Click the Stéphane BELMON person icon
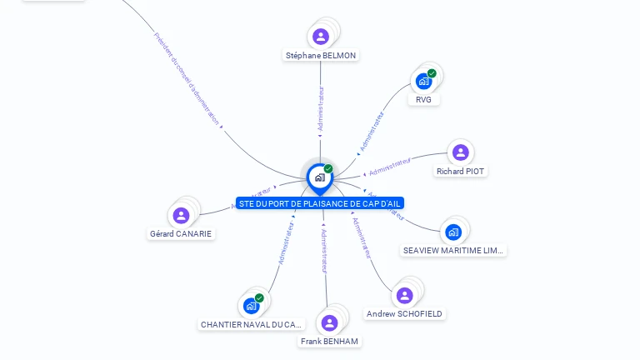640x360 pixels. tap(321, 37)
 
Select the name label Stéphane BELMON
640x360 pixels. tap(321, 56)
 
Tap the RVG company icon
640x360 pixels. tap(424, 82)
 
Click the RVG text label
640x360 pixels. tap(424, 100)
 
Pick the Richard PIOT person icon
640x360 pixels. tap(460, 152)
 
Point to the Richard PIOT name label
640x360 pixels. tap(461, 172)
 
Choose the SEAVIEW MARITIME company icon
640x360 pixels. tap(452, 232)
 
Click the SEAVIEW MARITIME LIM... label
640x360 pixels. tap(453, 250)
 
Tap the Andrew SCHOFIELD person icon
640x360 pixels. tap(404, 296)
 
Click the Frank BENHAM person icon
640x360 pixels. tap(330, 323)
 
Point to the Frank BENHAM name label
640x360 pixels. tap(330, 342)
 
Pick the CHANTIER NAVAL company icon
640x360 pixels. tap(252, 306)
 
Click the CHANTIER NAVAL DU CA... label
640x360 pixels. tap(252, 324)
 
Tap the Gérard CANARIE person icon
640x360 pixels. tap(181, 216)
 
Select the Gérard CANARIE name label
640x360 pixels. tap(181, 234)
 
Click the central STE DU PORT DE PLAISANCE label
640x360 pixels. tap(320, 203)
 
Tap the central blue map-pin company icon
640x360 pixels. tap(319, 177)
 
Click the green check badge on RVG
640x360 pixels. tap(432, 73)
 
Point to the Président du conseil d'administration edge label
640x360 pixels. tap(188, 79)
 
